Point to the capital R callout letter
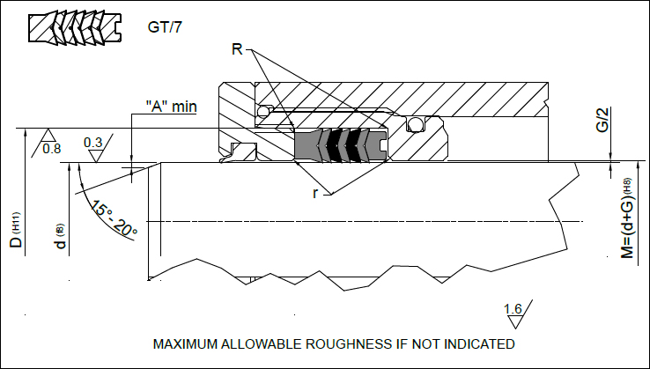[x=236, y=49]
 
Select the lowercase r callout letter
[x=314, y=192]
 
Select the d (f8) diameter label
[x=61, y=238]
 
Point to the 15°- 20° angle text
[x=114, y=219]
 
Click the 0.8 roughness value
[x=52, y=148]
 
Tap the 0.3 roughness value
[x=92, y=143]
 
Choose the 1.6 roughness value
[x=513, y=308]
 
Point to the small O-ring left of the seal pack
[x=262, y=112]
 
